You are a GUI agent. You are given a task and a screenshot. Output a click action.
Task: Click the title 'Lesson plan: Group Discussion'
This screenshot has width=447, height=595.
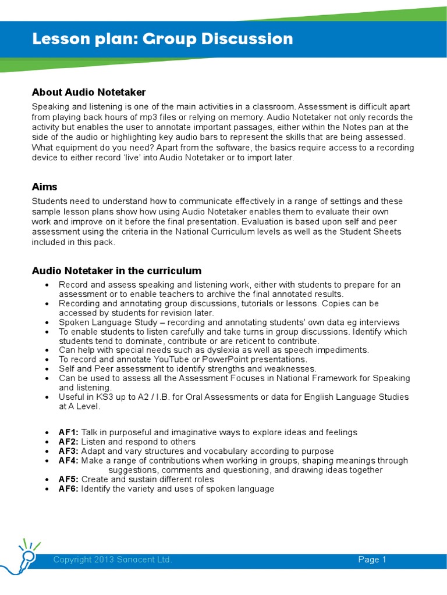coord(162,40)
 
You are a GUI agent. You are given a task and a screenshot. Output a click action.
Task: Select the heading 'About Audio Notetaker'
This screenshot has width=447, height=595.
coord(88,92)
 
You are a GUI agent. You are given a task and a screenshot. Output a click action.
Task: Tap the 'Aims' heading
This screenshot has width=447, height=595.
coord(44,187)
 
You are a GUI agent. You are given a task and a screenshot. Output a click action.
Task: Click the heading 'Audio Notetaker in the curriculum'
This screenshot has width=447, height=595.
coord(116,271)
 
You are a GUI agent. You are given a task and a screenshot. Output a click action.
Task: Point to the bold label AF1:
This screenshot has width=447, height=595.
coord(69,432)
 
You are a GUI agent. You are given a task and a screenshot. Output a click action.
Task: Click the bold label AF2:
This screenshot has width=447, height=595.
coord(69,442)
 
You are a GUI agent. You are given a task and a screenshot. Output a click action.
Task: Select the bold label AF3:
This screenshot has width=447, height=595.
coord(69,451)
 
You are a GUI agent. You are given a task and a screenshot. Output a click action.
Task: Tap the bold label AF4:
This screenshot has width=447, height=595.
coord(69,460)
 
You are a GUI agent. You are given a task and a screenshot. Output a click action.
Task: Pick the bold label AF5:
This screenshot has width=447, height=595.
coord(69,479)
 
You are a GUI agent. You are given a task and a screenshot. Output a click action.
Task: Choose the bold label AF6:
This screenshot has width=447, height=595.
coord(69,489)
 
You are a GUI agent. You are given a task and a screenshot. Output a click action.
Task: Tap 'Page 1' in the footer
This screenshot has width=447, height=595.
coord(372,560)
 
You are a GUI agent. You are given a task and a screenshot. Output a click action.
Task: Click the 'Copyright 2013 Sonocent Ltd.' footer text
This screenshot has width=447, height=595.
coord(112,560)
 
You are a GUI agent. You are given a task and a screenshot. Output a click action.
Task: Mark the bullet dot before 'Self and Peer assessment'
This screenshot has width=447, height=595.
coord(47,370)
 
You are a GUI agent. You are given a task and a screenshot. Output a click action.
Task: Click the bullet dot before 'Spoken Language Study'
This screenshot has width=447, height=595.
coord(47,322)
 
